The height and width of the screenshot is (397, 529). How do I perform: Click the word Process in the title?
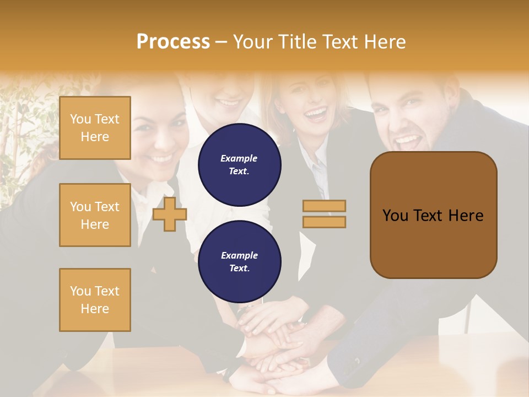173,42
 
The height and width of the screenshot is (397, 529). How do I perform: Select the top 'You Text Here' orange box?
95,128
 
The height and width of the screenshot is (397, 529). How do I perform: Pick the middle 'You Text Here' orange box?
95,215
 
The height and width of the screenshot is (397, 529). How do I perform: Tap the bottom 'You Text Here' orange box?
95,300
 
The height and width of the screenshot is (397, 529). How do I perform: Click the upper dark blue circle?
239,164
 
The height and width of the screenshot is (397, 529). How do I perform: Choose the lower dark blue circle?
239,261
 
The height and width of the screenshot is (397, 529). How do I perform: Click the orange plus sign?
170,214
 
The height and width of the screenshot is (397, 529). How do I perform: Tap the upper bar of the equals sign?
324,206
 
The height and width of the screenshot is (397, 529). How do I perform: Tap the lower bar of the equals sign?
324,222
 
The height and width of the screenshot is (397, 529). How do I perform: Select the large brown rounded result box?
433,214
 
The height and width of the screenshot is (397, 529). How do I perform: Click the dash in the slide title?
221,42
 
